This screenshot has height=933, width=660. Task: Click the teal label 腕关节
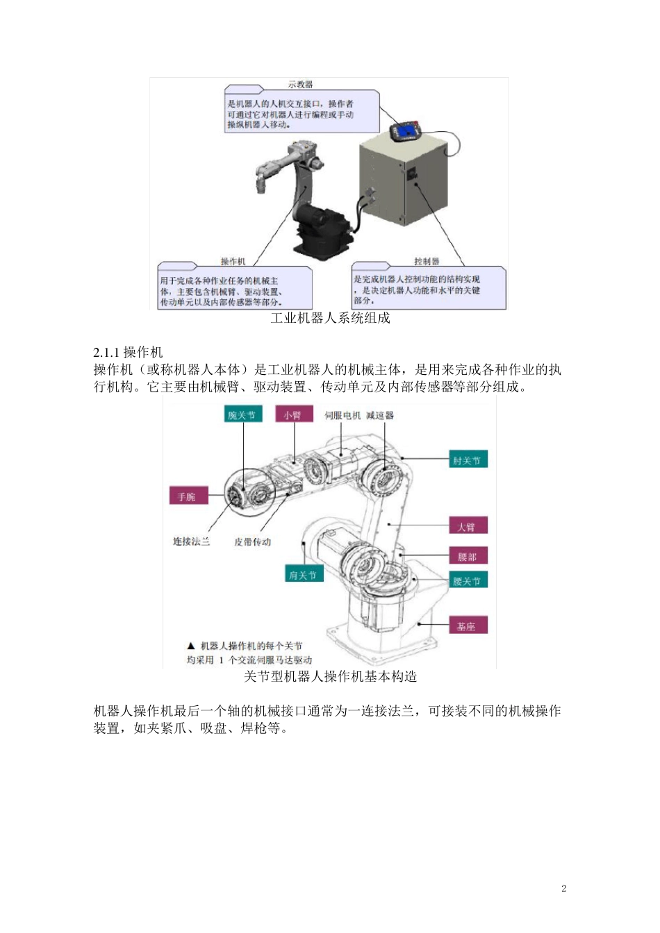tap(242, 415)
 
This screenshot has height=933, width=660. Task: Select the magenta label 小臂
tap(292, 415)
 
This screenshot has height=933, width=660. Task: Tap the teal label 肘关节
tap(467, 460)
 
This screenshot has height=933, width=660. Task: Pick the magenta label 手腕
tap(188, 496)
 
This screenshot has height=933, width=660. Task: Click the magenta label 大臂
tap(467, 526)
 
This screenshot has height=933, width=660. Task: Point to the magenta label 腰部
tap(468, 557)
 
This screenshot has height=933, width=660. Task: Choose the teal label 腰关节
tap(467, 581)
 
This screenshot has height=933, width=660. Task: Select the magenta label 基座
tap(467, 626)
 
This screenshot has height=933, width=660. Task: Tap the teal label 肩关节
tap(303, 575)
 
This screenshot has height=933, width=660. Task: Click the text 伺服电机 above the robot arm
tap(343, 415)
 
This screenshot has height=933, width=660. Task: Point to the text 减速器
tap(380, 415)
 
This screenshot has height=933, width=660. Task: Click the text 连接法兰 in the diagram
tap(191, 541)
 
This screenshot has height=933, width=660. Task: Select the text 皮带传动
tap(252, 541)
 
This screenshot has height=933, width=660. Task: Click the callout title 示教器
tap(301, 85)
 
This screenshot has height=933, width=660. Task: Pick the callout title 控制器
tap(427, 261)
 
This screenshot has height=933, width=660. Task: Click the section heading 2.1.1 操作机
tap(128, 352)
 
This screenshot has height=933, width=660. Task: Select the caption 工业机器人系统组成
tap(330, 318)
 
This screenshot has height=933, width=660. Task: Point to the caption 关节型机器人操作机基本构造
tap(330, 676)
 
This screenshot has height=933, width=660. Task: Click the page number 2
tap(563, 889)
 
